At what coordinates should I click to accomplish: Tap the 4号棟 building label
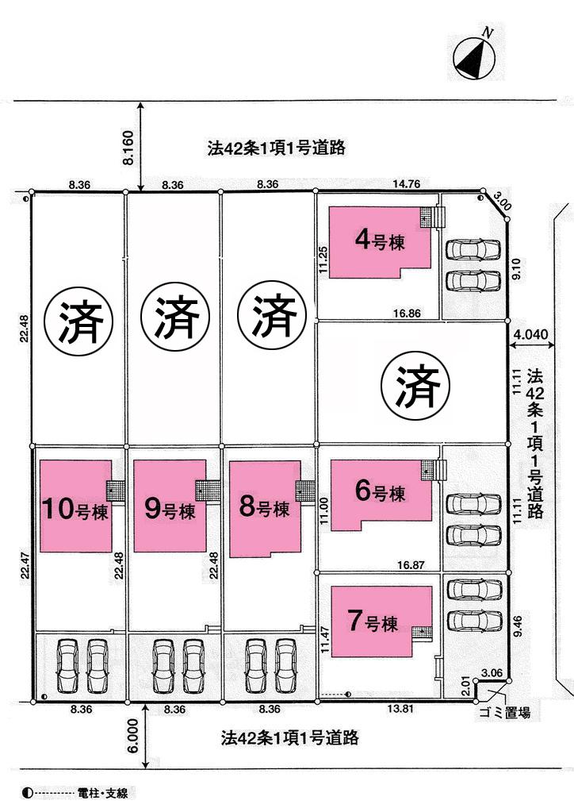coord(380,240)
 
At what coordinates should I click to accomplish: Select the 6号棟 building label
coord(380,492)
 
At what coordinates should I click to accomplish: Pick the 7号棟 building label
coord(374,622)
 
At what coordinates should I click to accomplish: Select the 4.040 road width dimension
coord(530,335)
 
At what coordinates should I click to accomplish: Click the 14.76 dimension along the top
coord(406,184)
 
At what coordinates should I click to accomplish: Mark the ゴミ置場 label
coord(504,713)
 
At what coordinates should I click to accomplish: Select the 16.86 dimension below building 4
coord(406,314)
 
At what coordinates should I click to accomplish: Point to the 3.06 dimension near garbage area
coord(491,673)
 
